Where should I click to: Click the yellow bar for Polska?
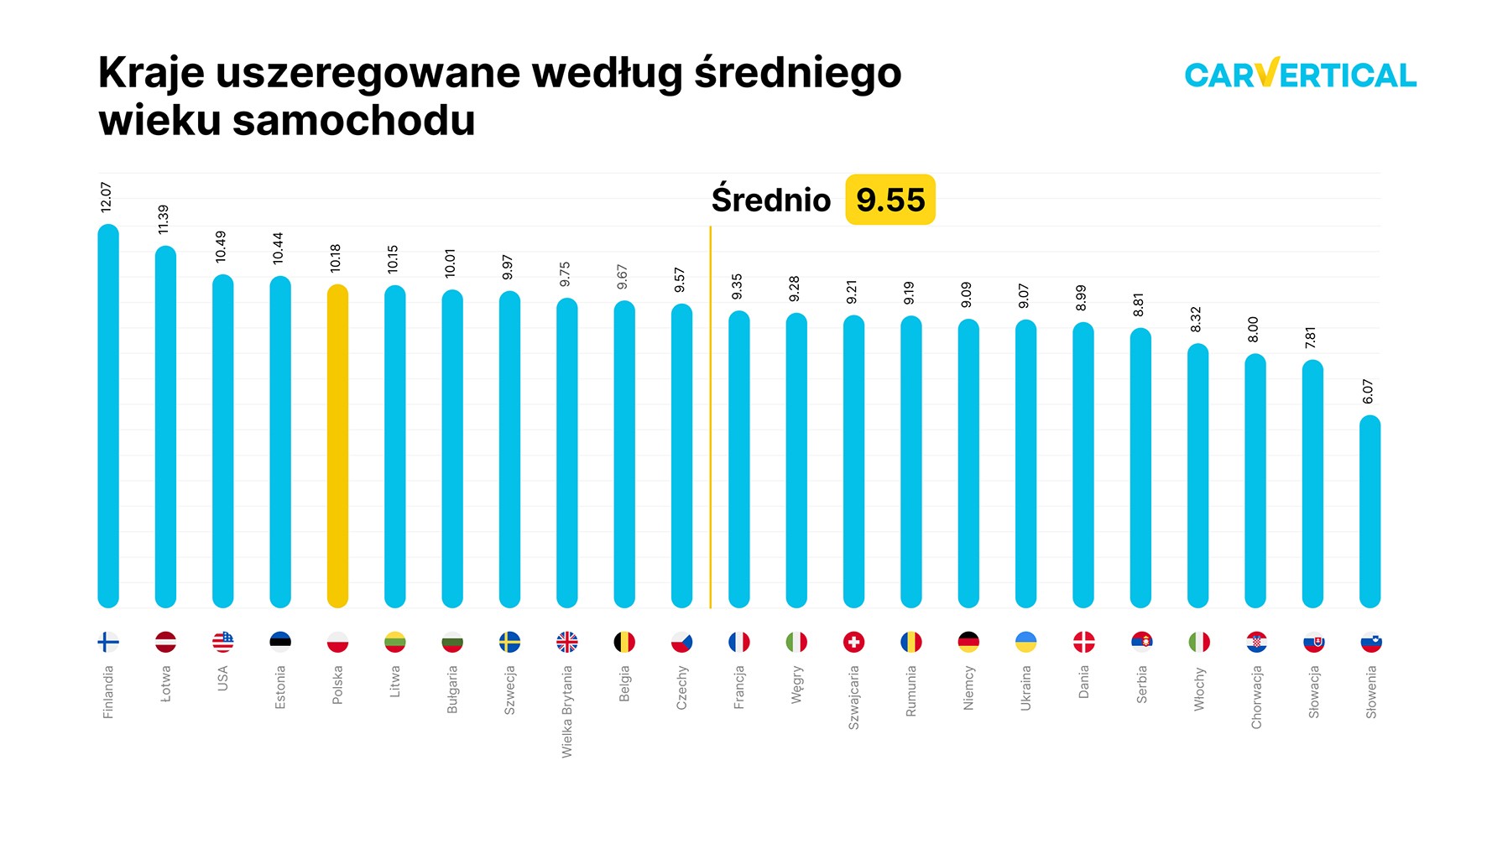[x=337, y=445]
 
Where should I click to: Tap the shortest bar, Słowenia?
[x=1370, y=512]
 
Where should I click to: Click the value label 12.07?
[x=106, y=197]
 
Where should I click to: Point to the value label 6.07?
[x=1368, y=392]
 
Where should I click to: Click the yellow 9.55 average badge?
[x=890, y=200]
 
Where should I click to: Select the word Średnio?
[x=770, y=200]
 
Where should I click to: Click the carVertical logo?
[x=1300, y=75]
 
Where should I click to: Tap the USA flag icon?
[x=223, y=643]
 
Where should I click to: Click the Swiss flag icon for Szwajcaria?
[x=853, y=643]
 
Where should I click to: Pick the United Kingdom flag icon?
[x=567, y=643]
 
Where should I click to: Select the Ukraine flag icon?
[x=1025, y=643]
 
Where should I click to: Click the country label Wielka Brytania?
[x=567, y=711]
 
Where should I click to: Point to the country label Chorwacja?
[x=1255, y=697]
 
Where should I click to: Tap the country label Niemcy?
[x=968, y=688]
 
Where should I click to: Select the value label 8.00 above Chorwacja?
[x=1253, y=329]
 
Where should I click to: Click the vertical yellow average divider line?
[x=710, y=419]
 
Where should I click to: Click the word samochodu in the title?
[x=353, y=121]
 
